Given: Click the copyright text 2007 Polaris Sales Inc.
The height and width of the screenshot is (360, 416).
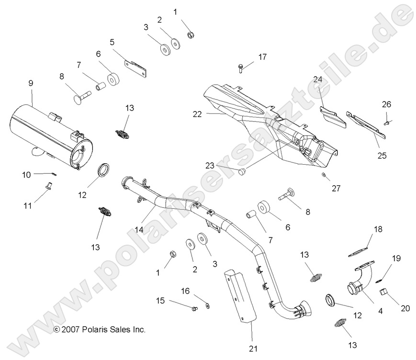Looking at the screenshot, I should tap(100, 329).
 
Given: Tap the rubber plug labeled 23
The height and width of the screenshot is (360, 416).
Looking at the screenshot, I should tap(242, 171).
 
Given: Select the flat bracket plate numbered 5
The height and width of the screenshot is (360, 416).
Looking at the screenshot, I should tap(136, 68).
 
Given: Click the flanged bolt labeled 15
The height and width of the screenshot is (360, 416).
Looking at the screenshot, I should tap(194, 309).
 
